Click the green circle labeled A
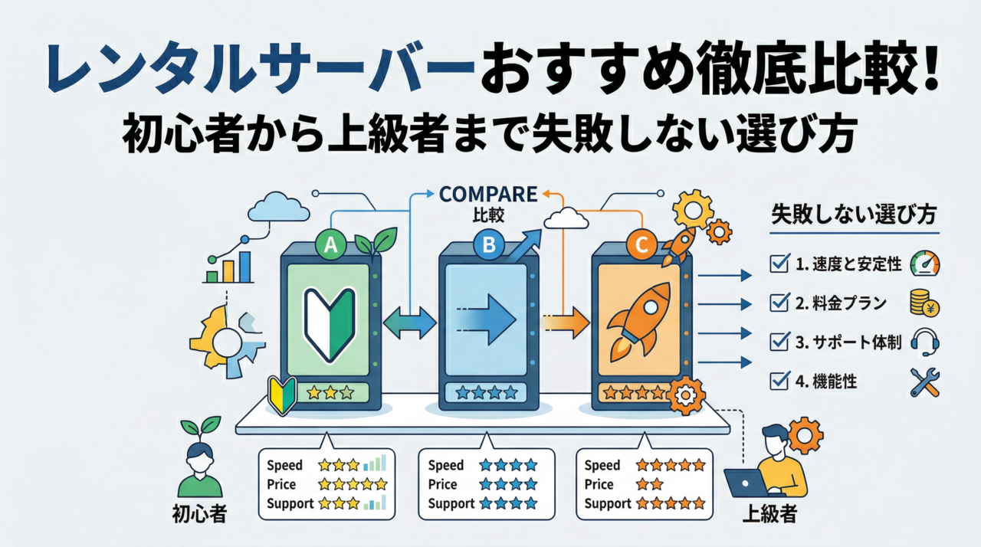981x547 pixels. (331, 244)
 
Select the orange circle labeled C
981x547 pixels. (641, 245)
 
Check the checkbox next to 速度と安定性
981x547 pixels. (777, 265)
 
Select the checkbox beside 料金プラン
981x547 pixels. (777, 303)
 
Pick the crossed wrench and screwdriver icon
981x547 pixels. (925, 382)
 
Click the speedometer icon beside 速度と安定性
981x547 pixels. (924, 264)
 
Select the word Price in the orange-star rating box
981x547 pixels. (599, 484)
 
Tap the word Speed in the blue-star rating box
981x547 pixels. (446, 465)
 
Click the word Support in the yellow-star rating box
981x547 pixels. (290, 503)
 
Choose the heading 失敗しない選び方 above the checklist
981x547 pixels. (854, 215)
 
